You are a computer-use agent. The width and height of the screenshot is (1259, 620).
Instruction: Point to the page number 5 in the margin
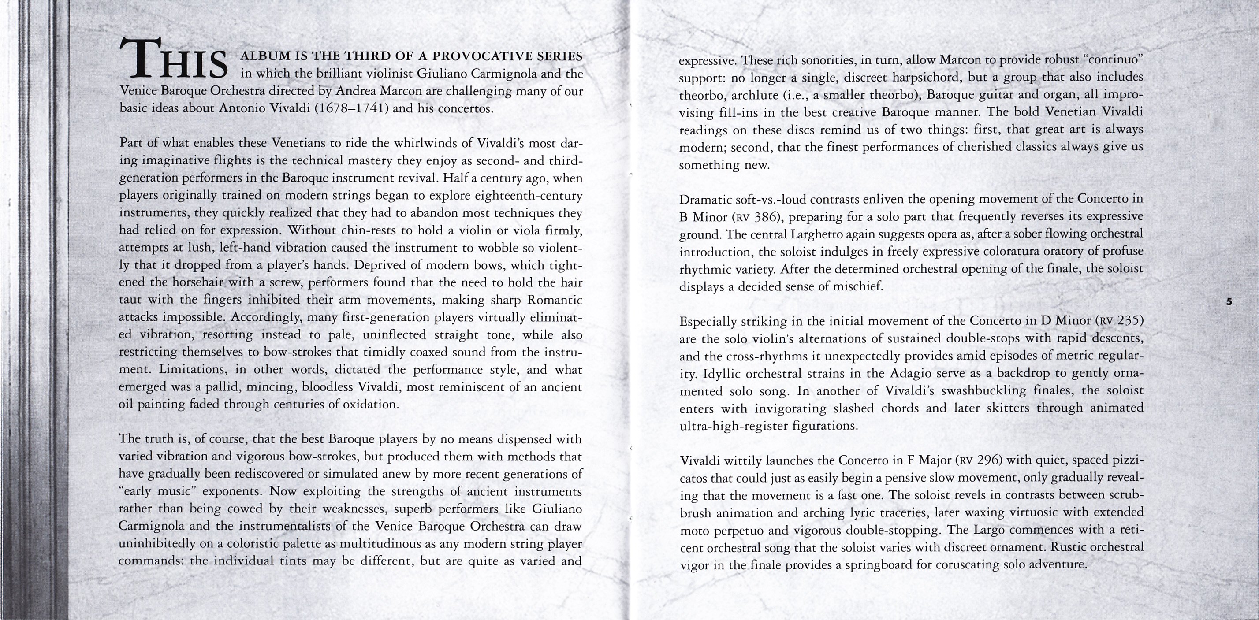1229,301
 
